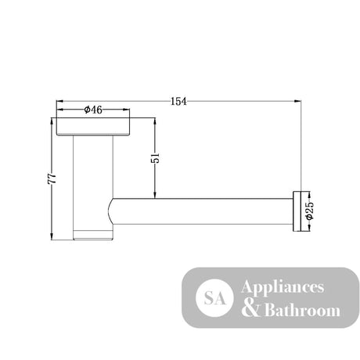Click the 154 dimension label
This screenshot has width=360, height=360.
(178, 101)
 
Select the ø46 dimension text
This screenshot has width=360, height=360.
(93, 110)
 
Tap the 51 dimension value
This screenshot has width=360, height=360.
(155, 158)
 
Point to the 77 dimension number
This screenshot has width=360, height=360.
(52, 178)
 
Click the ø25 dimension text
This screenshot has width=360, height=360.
(310, 211)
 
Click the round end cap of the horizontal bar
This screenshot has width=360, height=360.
(297, 211)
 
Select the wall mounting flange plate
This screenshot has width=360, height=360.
(93, 127)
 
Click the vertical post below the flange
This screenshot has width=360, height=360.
(93, 182)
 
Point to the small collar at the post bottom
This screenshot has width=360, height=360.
(93, 235)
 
